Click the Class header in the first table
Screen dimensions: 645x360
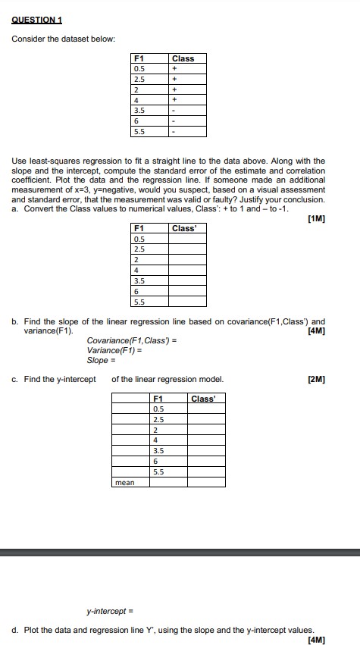tap(183, 58)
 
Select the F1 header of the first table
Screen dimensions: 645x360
tap(138, 58)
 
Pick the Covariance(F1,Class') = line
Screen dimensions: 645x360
tap(132, 340)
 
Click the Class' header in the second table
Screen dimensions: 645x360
tap(183, 228)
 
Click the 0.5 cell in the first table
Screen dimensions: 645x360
tap(138, 67)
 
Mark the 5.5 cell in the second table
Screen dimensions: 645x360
tap(138, 301)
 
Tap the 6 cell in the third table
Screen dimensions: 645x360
tap(156, 462)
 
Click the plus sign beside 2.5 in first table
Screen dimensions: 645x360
tap(175, 78)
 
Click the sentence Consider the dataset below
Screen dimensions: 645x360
tap(63, 38)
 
